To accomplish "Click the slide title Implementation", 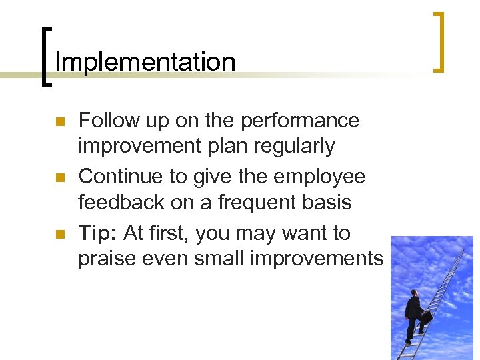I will tap(145, 62).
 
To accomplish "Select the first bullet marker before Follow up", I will tap(59, 122).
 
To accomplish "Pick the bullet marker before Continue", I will tap(59, 178).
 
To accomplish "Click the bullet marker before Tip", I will tap(59, 235).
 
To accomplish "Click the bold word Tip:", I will tap(98, 233).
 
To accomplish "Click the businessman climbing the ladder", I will tap(415, 315).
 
